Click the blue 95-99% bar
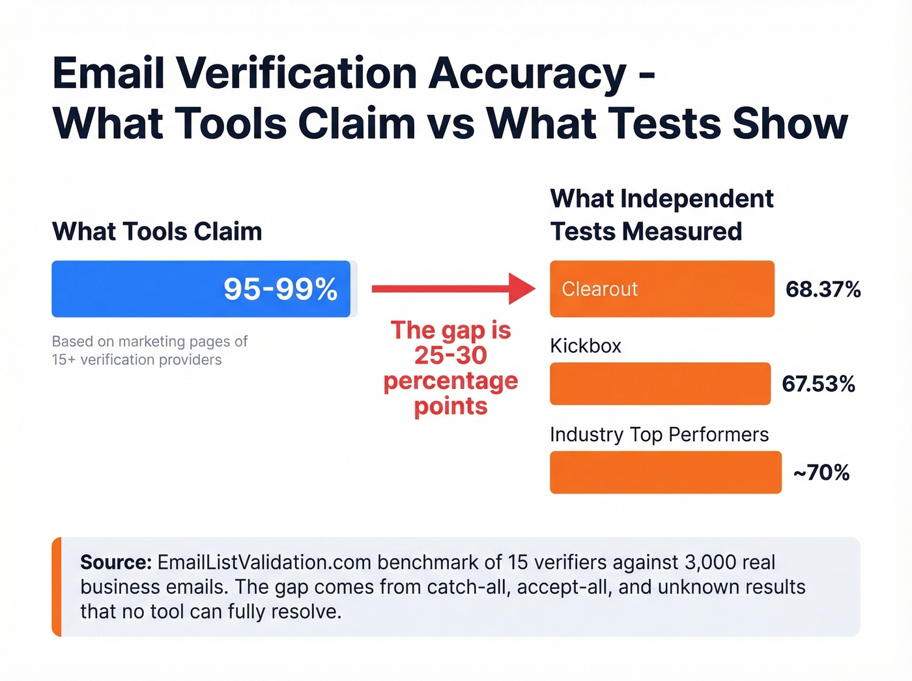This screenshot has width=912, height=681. point(201,289)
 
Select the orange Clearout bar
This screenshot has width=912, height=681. point(662,289)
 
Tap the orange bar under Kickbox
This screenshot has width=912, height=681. point(660,384)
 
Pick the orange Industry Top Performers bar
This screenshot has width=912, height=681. point(665,472)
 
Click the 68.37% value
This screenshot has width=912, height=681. point(823,289)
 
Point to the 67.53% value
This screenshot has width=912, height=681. point(818,384)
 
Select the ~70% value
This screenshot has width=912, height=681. point(821,472)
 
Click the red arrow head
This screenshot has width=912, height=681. point(522,289)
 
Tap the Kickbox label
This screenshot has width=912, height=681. point(585,345)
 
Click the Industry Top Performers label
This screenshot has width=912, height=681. point(659,435)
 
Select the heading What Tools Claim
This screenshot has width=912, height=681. point(157,231)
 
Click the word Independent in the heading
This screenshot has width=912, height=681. point(697,199)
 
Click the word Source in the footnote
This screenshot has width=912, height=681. point(115,562)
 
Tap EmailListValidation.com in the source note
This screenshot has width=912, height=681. point(264,562)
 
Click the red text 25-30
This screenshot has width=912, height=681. point(451,355)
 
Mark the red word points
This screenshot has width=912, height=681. point(451,406)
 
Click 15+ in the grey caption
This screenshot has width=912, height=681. point(63,360)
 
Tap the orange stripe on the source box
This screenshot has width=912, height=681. point(57,587)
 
